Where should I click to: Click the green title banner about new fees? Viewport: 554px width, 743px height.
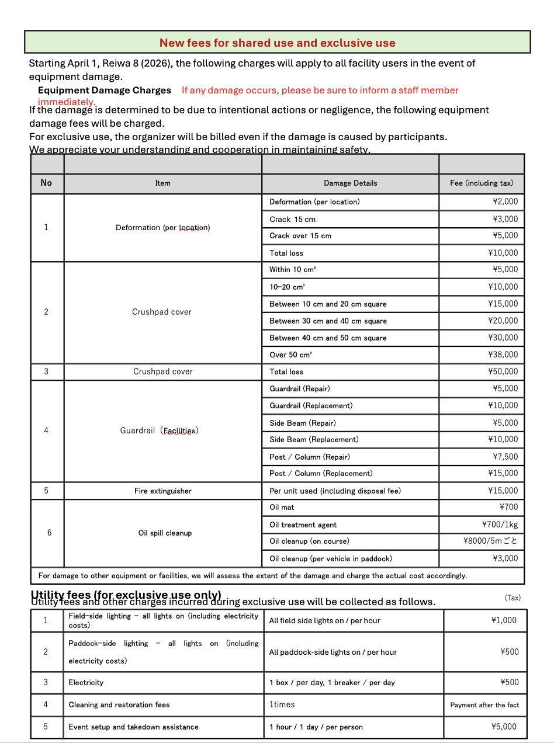tap(277, 43)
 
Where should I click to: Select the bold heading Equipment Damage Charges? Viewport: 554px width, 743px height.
tap(105, 90)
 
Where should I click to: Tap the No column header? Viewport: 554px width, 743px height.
tap(46, 183)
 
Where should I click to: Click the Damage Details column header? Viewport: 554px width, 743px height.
tap(350, 183)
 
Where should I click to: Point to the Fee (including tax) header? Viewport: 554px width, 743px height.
tap(482, 183)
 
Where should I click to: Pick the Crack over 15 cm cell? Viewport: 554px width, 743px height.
tap(300, 235)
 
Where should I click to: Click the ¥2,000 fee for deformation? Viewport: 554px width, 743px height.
tap(505, 202)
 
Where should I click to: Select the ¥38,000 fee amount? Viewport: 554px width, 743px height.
tap(503, 355)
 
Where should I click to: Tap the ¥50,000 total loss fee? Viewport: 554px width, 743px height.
tap(503, 371)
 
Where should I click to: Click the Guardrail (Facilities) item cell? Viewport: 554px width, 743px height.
tap(160, 430)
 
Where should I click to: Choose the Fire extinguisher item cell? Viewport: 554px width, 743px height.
tap(162, 491)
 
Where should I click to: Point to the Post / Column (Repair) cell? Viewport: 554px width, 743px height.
tap(310, 457)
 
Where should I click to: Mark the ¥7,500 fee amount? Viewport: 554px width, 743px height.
tap(505, 457)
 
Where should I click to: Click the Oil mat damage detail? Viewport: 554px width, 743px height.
tap(282, 507)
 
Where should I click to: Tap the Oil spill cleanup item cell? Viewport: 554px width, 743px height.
tap(165, 533)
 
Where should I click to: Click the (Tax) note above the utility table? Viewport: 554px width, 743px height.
tap(513, 598)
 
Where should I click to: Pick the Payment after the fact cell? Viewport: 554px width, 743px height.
tap(484, 705)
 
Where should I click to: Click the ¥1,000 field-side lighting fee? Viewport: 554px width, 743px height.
tap(504, 620)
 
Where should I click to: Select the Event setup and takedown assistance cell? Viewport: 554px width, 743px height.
tap(133, 727)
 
